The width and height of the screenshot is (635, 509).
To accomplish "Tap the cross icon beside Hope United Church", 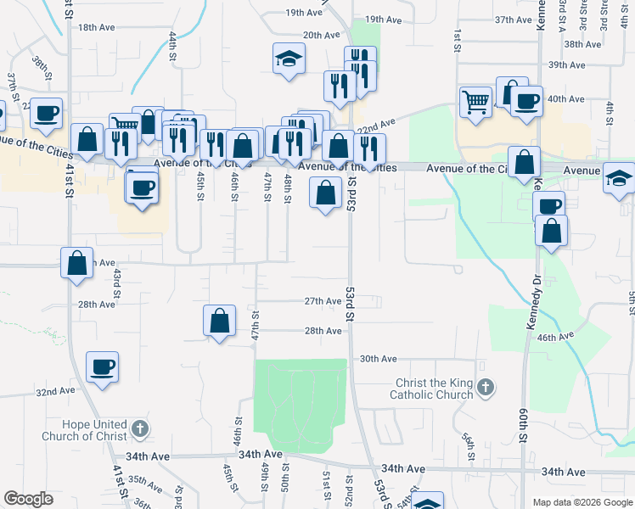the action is point(139,430).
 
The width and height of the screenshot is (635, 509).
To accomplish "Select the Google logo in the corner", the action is point(28,499).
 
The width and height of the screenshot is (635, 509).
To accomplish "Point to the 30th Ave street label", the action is point(378,359).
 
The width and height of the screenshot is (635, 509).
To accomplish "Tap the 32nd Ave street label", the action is point(55,392).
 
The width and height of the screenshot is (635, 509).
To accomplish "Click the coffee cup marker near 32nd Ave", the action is point(102,367).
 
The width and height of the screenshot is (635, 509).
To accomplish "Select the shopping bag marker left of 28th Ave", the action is point(219,322).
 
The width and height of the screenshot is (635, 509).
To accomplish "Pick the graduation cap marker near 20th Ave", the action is point(289,59).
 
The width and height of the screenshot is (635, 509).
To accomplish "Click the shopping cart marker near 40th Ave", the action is point(475,102).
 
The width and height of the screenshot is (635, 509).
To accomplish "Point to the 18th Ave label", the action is point(96,27).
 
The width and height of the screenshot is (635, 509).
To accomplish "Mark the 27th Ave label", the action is point(323,301).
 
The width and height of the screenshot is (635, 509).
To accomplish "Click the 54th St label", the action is point(468,446).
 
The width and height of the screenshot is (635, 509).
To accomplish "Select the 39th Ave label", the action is point(567,64).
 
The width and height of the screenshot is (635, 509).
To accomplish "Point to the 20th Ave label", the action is point(321,35).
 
